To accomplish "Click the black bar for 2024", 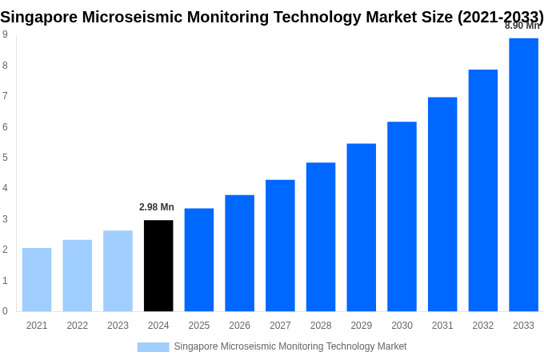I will point(158,266).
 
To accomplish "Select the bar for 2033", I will point(523,174).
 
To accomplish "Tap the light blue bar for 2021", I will point(37,279).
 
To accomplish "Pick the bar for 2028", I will point(321,237).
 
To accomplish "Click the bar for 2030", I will point(402,216).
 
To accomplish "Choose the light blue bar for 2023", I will point(118,270).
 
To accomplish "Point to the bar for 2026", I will point(239,253).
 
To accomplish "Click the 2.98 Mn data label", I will point(157,207).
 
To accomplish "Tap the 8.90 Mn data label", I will point(522,26).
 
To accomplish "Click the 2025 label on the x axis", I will point(199,326).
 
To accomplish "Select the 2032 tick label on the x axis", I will point(482,326).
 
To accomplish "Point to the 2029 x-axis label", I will point(361,326).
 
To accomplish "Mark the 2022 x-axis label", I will point(78,326).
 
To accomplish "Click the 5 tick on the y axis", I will point(5,158).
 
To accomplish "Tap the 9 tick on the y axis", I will point(5,34).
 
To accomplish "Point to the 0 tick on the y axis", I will point(5,311).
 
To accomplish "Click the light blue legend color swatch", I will point(153,346).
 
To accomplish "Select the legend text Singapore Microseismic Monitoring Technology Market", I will point(290,346).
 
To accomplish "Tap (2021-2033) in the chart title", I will point(500,17).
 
